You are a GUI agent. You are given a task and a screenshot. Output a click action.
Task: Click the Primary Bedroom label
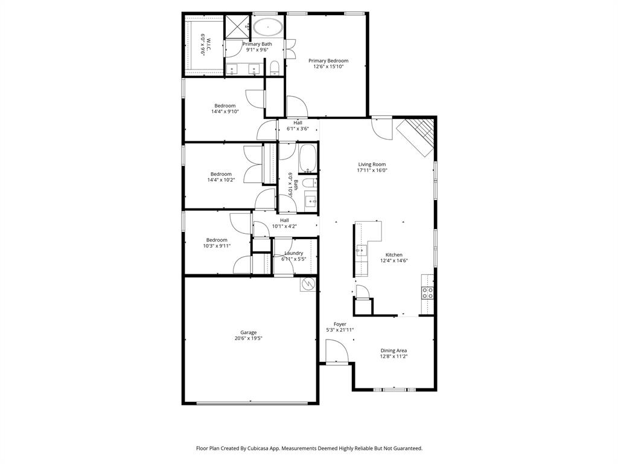(328, 60)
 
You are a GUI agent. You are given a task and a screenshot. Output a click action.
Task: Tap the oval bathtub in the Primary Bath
(267, 27)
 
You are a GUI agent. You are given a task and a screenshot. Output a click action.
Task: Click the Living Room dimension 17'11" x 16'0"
(372, 170)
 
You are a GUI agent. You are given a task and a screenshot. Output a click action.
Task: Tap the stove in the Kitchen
(427, 293)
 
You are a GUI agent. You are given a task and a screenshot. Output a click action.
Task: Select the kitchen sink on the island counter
(360, 250)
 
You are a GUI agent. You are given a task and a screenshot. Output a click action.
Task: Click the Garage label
(249, 332)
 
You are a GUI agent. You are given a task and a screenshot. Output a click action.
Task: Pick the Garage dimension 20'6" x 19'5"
(249, 338)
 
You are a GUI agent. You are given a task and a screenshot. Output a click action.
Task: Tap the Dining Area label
(393, 350)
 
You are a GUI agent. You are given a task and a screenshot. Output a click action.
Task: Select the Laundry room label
(294, 253)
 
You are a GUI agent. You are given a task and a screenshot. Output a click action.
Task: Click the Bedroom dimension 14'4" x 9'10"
(225, 111)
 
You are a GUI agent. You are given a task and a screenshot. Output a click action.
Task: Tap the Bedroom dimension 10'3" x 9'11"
(217, 246)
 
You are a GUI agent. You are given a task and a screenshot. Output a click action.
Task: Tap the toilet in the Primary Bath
(275, 66)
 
